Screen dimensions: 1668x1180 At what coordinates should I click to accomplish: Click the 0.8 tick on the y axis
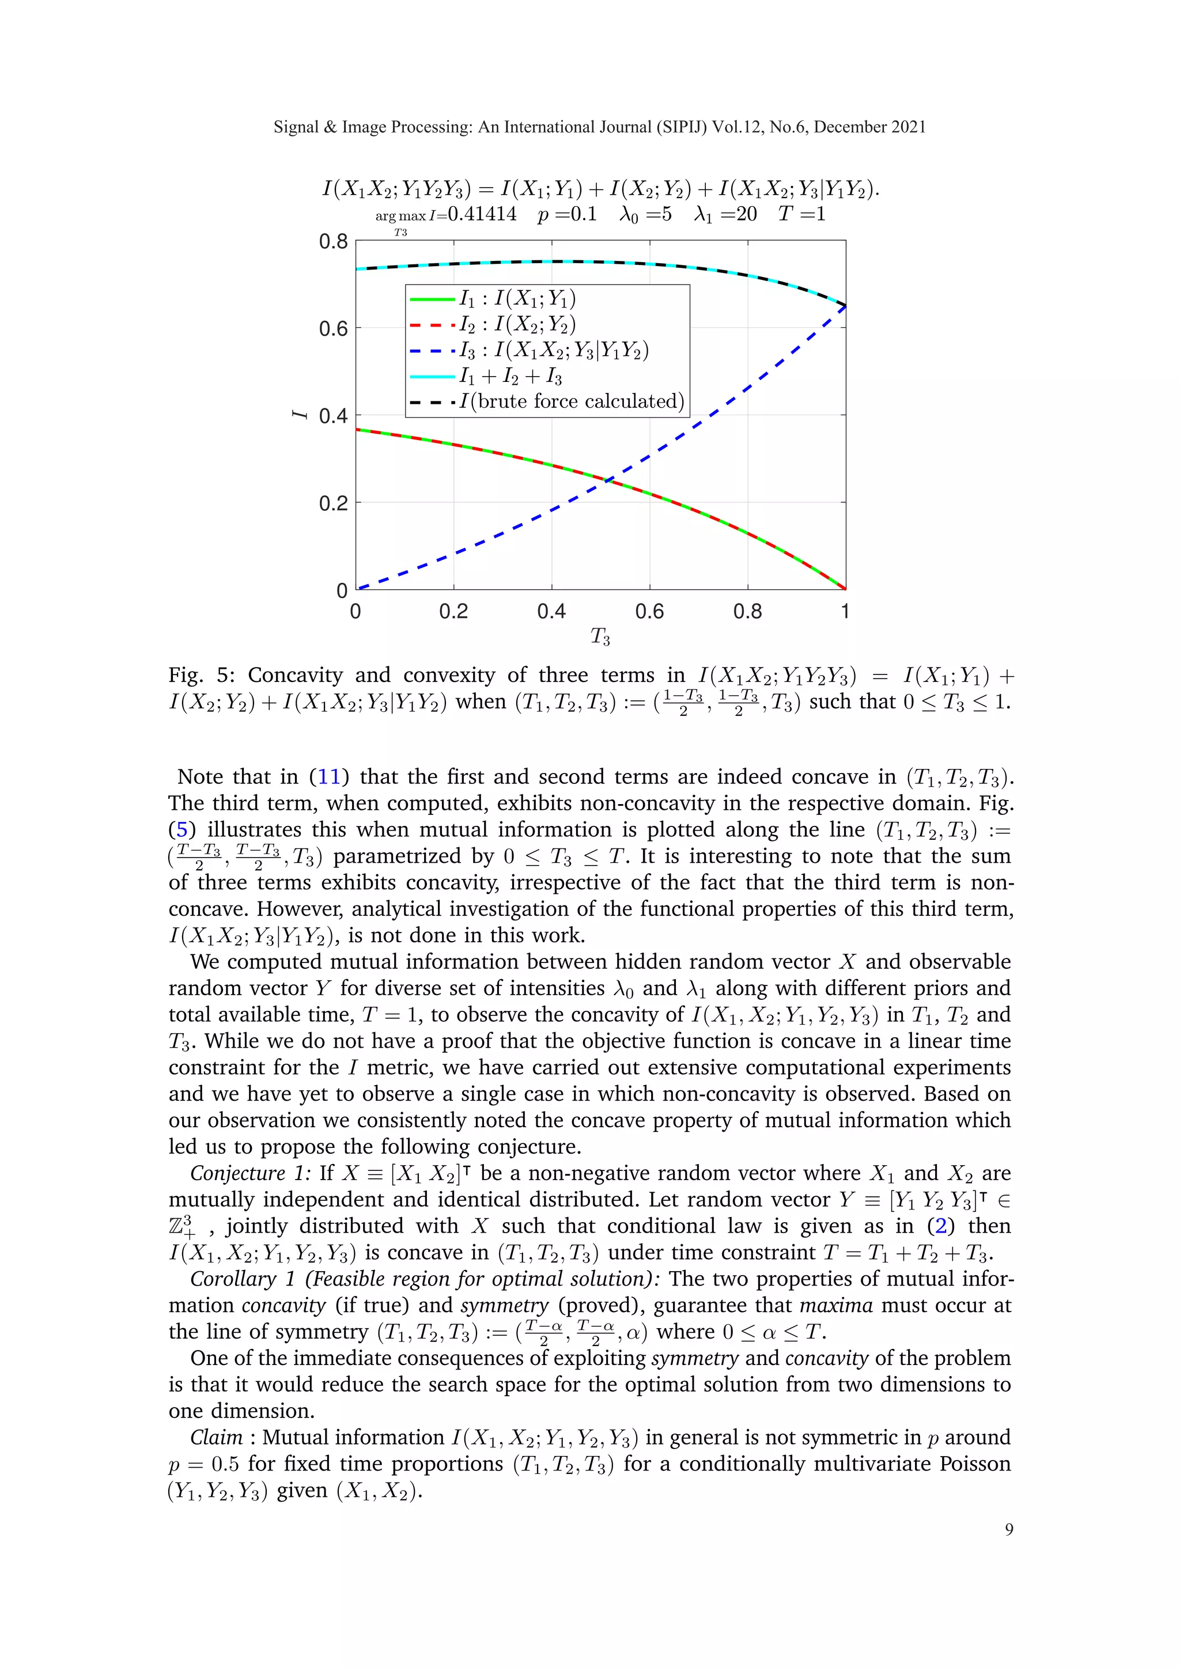(333, 241)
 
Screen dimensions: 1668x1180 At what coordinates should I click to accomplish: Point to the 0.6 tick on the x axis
(649, 612)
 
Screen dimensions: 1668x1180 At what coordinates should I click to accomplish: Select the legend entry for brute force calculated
(571, 402)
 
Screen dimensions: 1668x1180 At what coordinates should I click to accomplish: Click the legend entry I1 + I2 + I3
(510, 376)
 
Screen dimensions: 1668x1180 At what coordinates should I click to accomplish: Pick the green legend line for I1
(432, 298)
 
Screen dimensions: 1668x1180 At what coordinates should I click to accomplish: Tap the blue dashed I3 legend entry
(432, 350)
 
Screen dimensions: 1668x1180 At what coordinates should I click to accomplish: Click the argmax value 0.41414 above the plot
(482, 214)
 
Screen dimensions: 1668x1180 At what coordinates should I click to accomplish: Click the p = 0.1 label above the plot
(567, 214)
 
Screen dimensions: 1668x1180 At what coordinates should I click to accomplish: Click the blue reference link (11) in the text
(329, 776)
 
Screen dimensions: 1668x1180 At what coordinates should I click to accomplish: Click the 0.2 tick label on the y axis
(333, 503)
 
